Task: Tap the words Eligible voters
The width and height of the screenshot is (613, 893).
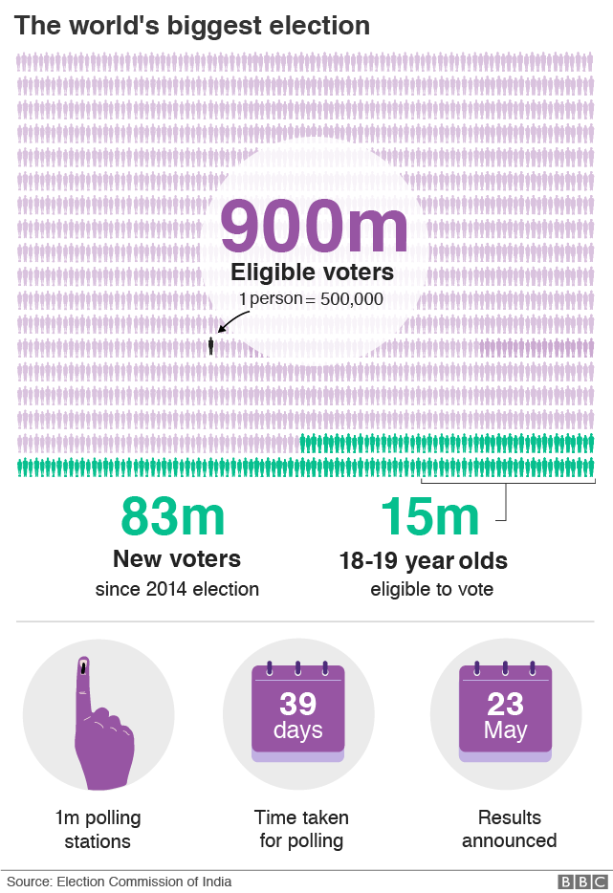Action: point(312,273)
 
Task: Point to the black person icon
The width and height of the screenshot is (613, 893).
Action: point(211,345)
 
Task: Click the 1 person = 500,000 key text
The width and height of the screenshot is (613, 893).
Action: point(311,299)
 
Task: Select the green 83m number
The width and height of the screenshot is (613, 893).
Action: point(172,517)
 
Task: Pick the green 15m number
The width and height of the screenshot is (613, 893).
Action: point(429,517)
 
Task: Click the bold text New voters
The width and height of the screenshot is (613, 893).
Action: point(177,558)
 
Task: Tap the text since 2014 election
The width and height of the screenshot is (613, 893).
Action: point(177,589)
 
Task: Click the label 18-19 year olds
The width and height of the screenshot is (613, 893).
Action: point(423,561)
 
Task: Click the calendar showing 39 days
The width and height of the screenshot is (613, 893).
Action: point(297,712)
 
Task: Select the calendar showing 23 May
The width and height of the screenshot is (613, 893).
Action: point(505,712)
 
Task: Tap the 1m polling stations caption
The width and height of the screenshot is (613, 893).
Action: point(98,830)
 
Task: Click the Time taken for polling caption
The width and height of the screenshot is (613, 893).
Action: point(301,830)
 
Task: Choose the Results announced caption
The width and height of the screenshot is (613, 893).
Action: point(509,830)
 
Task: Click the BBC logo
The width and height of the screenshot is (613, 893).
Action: point(582,882)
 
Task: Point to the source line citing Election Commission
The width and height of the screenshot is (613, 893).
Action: point(120,882)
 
